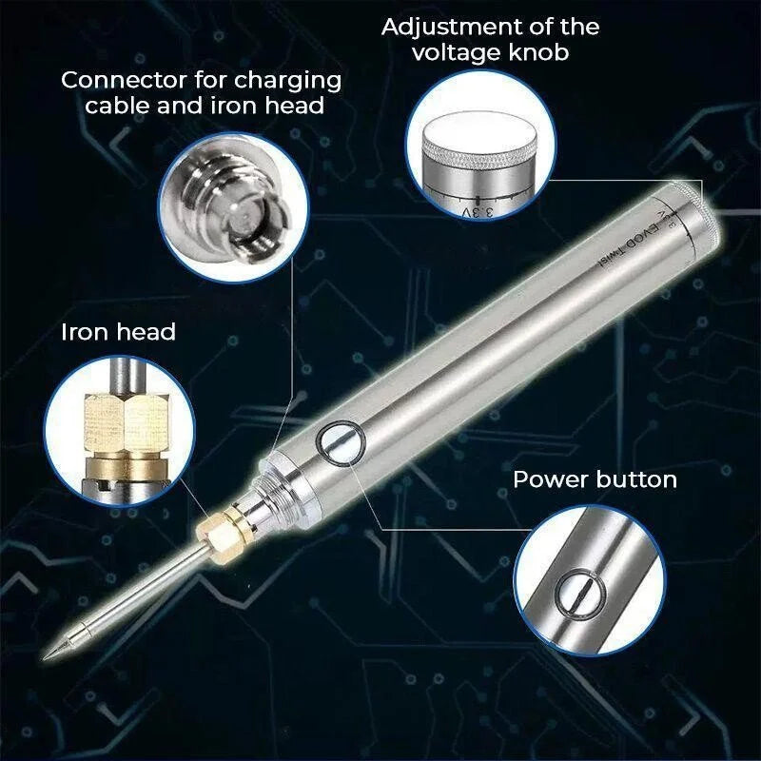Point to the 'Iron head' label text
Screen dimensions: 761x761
pyautogui.click(x=118, y=332)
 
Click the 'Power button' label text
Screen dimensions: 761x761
pyautogui.click(x=595, y=478)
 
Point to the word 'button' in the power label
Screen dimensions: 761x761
pyautogui.click(x=635, y=478)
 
